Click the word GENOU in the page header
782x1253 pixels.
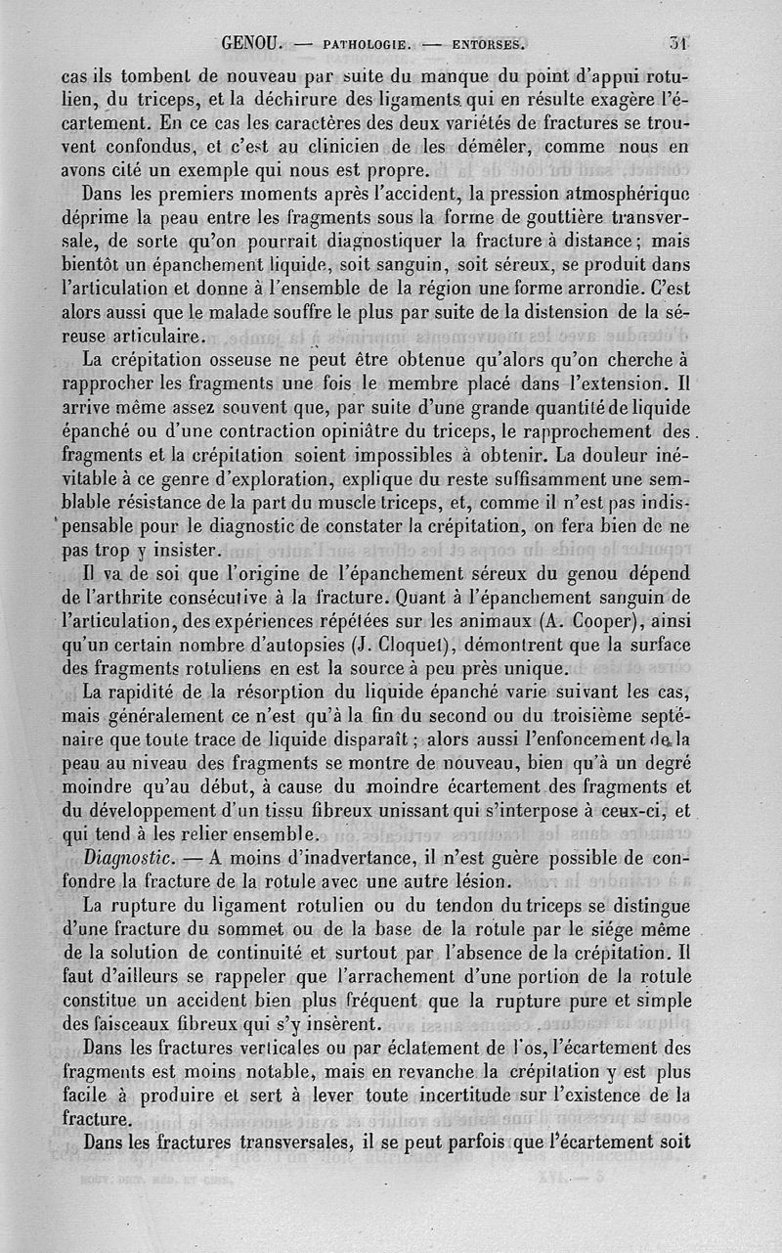click(x=252, y=43)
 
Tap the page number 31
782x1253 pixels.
click(x=680, y=43)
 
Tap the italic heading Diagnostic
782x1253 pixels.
click(x=129, y=858)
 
